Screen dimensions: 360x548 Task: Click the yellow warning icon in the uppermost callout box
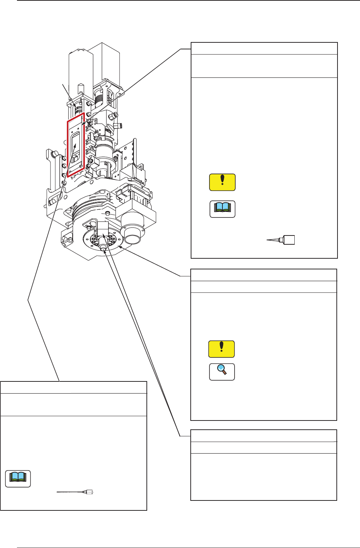(x=222, y=182)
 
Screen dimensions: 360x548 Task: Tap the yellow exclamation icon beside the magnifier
(x=221, y=349)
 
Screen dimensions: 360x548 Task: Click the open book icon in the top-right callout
(x=222, y=209)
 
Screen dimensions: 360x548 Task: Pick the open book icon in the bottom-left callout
(x=18, y=479)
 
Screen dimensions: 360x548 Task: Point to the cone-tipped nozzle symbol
(x=281, y=240)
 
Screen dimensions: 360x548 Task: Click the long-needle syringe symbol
(x=76, y=492)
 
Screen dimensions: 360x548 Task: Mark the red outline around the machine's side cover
(x=67, y=147)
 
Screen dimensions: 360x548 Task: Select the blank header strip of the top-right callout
(x=264, y=49)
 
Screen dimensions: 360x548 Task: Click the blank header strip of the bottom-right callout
(x=263, y=436)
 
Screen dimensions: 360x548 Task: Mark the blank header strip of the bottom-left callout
(x=74, y=388)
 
